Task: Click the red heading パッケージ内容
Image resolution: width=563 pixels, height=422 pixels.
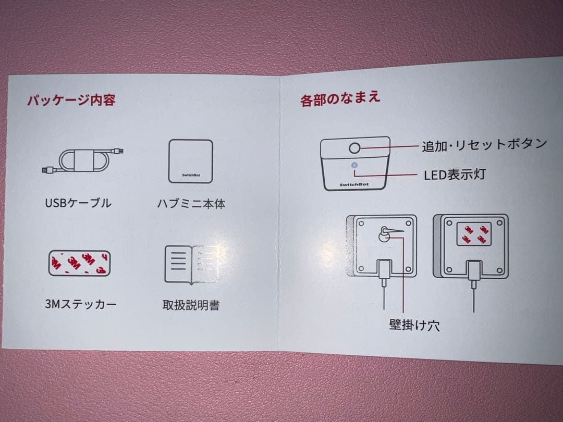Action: [x=71, y=100]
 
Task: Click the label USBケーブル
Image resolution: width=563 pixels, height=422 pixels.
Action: [x=78, y=203]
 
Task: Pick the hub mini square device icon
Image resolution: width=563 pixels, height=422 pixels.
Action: [x=191, y=161]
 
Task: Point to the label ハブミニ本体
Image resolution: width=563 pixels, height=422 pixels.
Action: [x=191, y=204]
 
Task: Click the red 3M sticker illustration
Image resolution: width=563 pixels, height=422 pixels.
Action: [x=79, y=263]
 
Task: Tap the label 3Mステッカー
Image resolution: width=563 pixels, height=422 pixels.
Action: [x=80, y=304]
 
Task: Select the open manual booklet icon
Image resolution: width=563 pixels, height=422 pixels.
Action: [x=192, y=265]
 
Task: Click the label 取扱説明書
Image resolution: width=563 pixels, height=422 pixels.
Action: [x=191, y=305]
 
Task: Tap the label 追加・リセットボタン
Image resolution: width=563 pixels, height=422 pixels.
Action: [x=484, y=145]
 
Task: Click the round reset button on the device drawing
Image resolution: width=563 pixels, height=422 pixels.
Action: [x=355, y=148]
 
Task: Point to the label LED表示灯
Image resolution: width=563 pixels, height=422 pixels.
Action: [x=455, y=175]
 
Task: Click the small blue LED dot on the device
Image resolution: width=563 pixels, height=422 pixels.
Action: [x=355, y=166]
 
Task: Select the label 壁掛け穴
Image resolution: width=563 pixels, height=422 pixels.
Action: [x=415, y=325]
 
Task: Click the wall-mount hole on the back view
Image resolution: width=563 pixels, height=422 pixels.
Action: [x=384, y=234]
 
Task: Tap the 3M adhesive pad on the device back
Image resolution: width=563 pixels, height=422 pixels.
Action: [x=473, y=234]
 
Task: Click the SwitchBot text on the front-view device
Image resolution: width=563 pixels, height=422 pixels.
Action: [x=354, y=185]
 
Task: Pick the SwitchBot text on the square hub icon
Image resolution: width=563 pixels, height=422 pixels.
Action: [x=191, y=175]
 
